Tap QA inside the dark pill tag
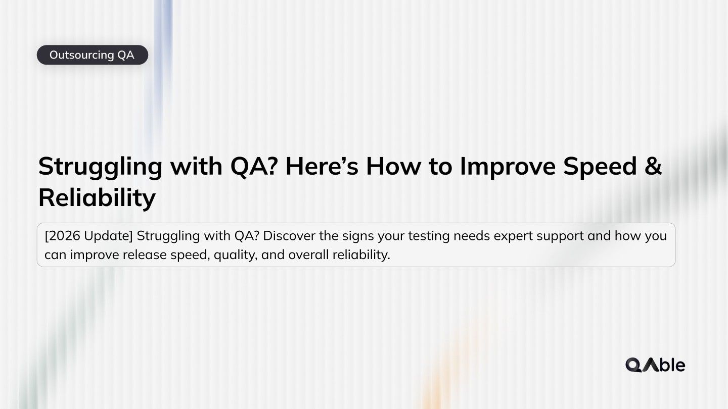tap(126, 55)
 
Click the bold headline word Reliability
tap(97, 198)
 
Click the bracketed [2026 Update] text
tap(88, 236)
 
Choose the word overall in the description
tap(308, 255)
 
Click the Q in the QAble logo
tap(633, 365)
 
